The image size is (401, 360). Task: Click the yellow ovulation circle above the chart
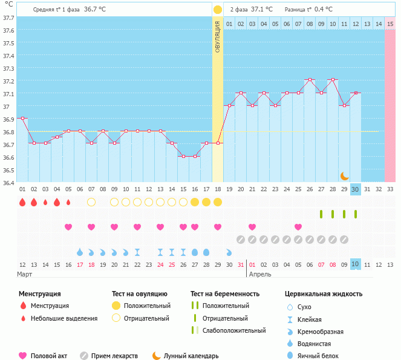point(218,10)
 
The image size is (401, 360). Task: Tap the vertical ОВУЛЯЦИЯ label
point(218,36)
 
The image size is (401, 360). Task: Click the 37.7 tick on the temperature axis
point(8,18)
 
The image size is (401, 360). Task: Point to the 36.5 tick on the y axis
point(8,170)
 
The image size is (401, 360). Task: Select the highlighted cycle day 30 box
point(356,189)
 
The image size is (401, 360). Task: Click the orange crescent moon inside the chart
point(344,175)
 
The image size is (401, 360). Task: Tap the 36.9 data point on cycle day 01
point(22,118)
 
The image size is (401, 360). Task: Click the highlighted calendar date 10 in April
point(356,264)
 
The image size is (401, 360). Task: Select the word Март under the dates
point(25,274)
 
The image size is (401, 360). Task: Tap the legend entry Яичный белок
point(322,356)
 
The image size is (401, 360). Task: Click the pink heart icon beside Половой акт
point(24,356)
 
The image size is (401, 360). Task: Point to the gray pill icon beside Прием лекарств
point(84,356)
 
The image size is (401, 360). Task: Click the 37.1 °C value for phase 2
point(261,10)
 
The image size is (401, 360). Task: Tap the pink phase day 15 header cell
point(390,24)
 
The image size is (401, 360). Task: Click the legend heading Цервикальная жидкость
point(324,293)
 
